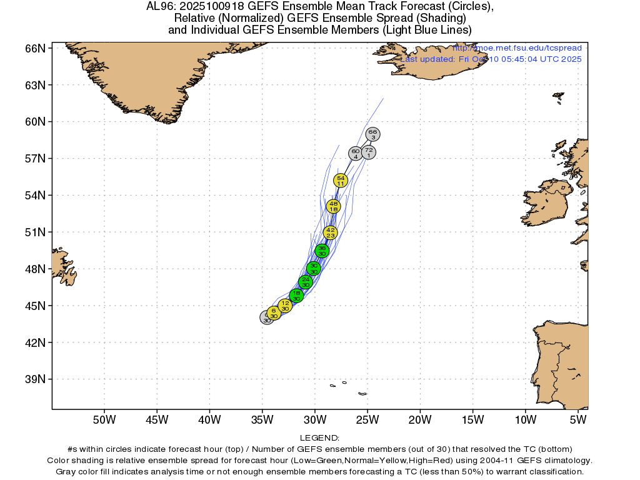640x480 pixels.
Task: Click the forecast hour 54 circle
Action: [340, 181]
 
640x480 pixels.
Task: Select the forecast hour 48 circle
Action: [333, 206]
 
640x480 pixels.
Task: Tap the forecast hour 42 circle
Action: [331, 232]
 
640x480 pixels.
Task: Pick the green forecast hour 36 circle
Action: [322, 251]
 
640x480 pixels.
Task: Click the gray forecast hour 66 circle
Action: [373, 134]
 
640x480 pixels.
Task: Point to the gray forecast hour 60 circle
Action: [355, 154]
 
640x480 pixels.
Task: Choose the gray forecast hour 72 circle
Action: [369, 152]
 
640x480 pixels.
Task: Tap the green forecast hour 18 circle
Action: [296, 295]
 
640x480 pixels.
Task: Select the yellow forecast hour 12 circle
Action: [285, 306]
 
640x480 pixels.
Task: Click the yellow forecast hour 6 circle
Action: [274, 312]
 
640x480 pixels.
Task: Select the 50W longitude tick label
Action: [104, 419]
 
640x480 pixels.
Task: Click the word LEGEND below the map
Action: [319, 438]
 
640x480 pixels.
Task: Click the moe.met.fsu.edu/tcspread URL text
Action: [517, 48]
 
